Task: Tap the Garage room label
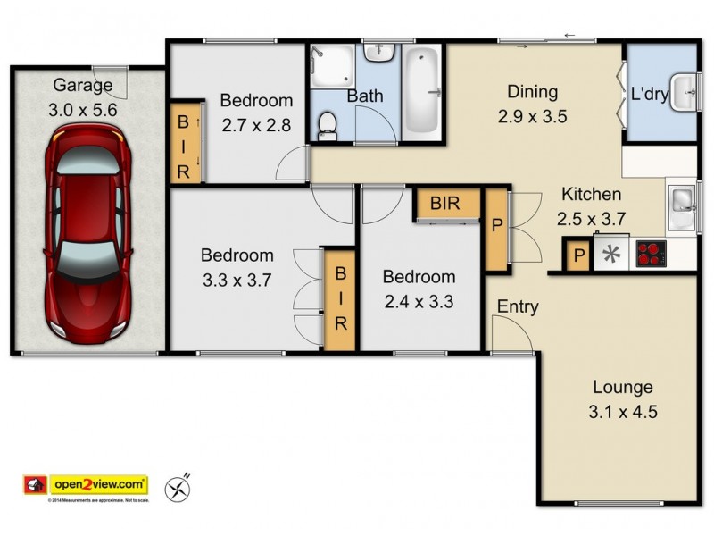point(83,86)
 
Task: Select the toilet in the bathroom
point(328,125)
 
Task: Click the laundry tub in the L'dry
point(684,92)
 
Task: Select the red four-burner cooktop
point(650,255)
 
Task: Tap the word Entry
point(518,307)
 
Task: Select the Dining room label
point(532,91)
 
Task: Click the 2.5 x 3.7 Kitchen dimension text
point(591,217)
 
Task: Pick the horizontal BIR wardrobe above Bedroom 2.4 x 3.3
point(445,204)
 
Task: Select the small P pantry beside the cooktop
point(578,256)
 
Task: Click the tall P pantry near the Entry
point(494,228)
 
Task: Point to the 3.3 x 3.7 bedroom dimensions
point(236,280)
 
